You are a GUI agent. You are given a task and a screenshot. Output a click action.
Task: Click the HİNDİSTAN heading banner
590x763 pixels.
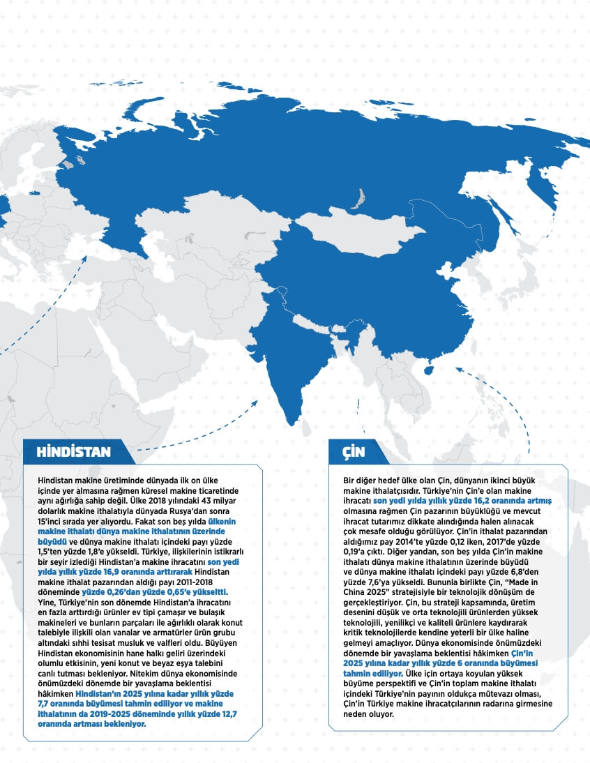pyautogui.click(x=74, y=451)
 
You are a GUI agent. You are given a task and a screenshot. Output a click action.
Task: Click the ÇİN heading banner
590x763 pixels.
pyautogui.click(x=354, y=451)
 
